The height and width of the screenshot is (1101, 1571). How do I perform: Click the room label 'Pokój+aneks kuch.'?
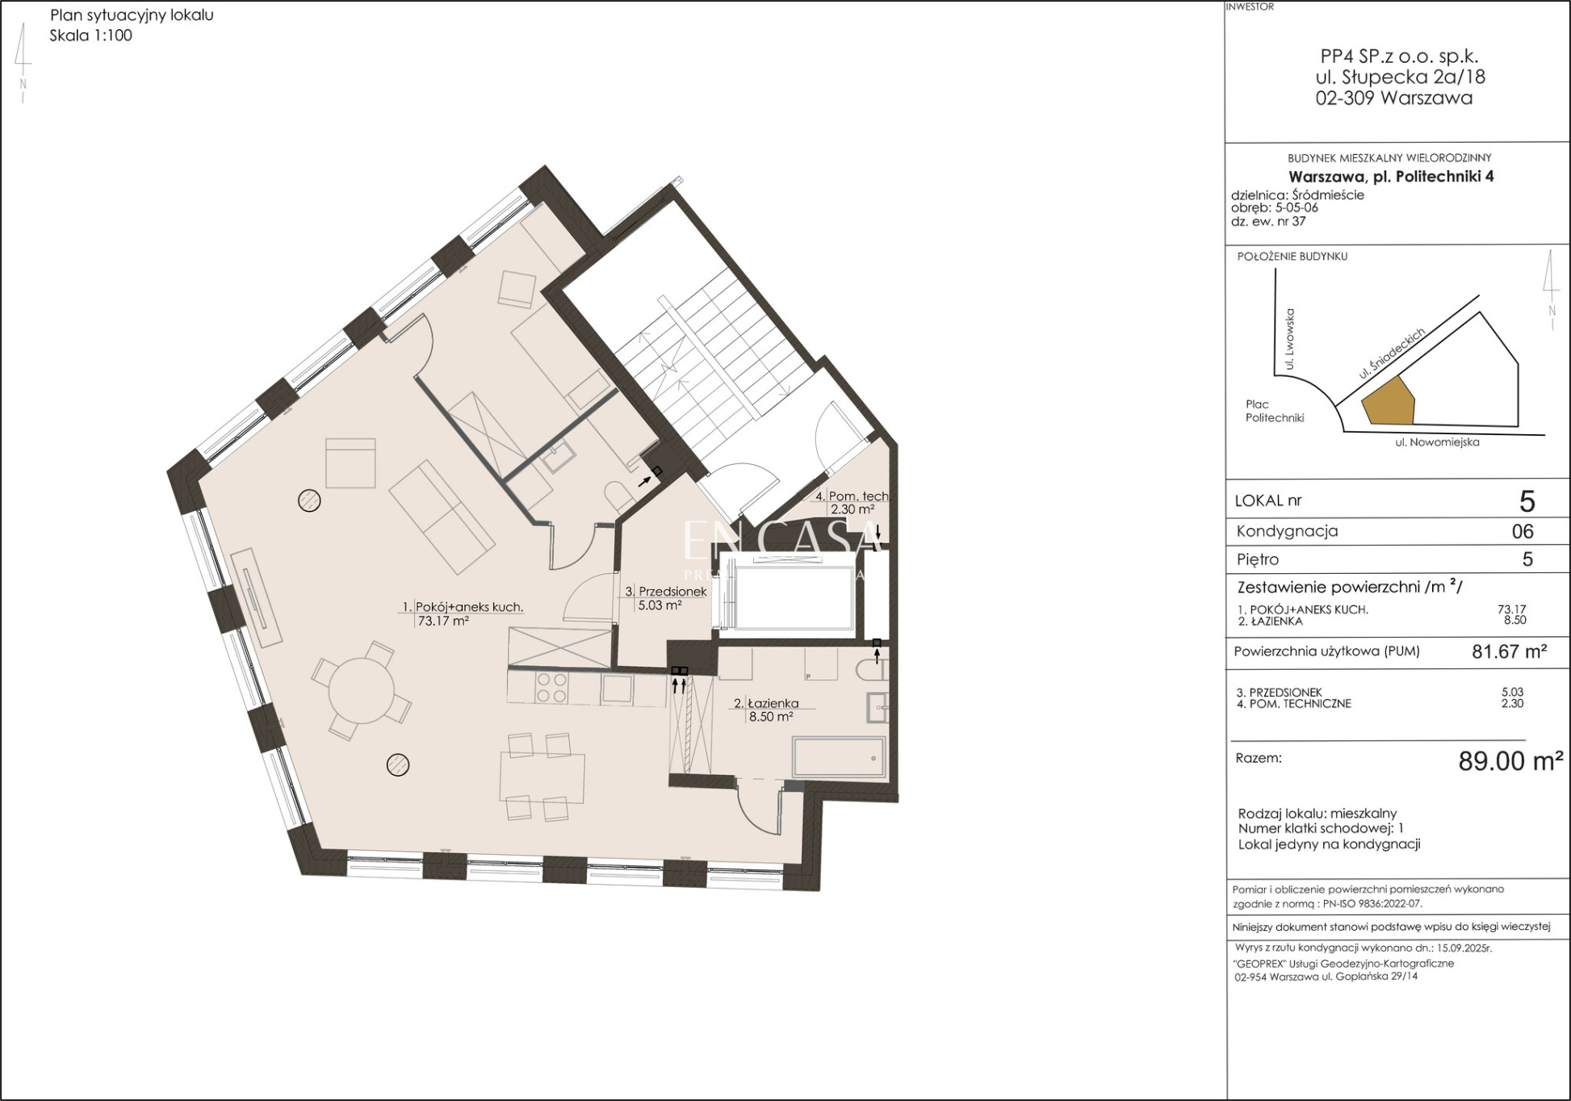point(469,607)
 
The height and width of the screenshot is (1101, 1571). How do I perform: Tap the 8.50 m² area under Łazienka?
point(771,717)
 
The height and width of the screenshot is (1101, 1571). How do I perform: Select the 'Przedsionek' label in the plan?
point(672,592)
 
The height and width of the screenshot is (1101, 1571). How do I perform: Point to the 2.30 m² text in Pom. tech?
point(853,509)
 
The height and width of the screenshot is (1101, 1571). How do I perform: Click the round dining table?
point(361,692)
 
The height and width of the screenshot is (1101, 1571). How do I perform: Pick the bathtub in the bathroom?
point(838,757)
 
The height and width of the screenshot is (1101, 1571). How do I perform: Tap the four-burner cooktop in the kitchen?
point(551,689)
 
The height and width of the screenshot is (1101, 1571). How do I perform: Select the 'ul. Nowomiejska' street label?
point(1437,442)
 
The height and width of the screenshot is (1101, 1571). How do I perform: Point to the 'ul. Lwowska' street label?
point(1290,338)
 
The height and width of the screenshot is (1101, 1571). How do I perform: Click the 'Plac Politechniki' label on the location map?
point(1275,411)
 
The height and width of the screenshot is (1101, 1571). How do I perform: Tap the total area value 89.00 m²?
point(1510,760)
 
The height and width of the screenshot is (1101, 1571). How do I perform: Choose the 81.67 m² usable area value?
point(1509,651)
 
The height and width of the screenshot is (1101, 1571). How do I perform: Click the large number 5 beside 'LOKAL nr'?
point(1527,501)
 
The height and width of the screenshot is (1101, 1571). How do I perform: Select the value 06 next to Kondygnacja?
point(1523,531)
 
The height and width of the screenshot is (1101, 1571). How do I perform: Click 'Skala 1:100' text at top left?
point(90,36)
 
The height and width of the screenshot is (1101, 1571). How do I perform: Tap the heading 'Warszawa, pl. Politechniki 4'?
point(1391,176)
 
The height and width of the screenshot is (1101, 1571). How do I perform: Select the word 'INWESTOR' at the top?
point(1250,6)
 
